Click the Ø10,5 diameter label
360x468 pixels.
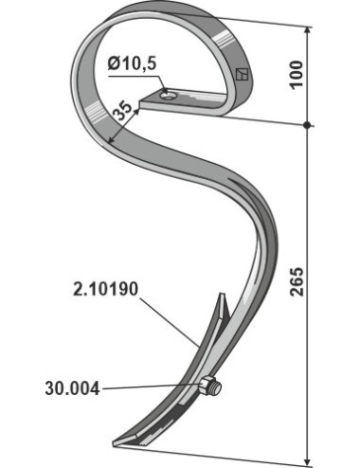point(132,63)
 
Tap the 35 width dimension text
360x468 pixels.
point(122,111)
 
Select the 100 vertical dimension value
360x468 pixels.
point(297,75)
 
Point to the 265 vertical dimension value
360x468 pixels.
point(297,282)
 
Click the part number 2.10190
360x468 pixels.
point(105,289)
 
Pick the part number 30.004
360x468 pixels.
point(72,388)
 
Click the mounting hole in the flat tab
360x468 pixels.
point(167,95)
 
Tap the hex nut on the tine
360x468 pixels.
point(207,385)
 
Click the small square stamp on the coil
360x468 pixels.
point(243,75)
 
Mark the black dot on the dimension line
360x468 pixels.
point(306,125)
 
